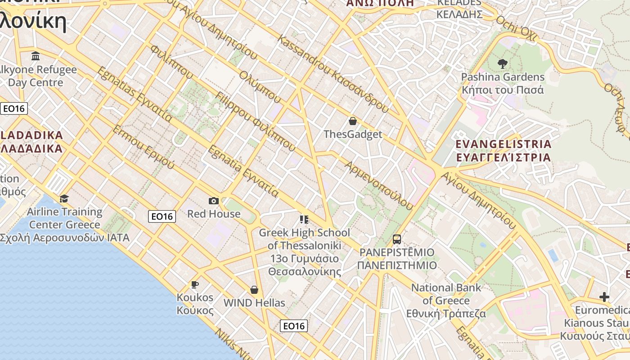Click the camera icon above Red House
tap(214, 201)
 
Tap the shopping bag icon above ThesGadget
tap(353, 121)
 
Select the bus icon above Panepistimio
tap(397, 239)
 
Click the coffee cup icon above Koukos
tap(194, 284)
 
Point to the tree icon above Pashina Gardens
tap(503, 64)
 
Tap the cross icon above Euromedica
tap(604, 297)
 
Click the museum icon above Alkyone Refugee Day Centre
tap(36, 56)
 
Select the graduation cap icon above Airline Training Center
tap(64, 198)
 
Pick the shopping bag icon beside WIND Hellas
tap(254, 290)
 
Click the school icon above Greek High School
tap(304, 220)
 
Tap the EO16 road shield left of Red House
tap(162, 216)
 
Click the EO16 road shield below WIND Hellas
tap(294, 326)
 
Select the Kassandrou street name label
tap(333, 74)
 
